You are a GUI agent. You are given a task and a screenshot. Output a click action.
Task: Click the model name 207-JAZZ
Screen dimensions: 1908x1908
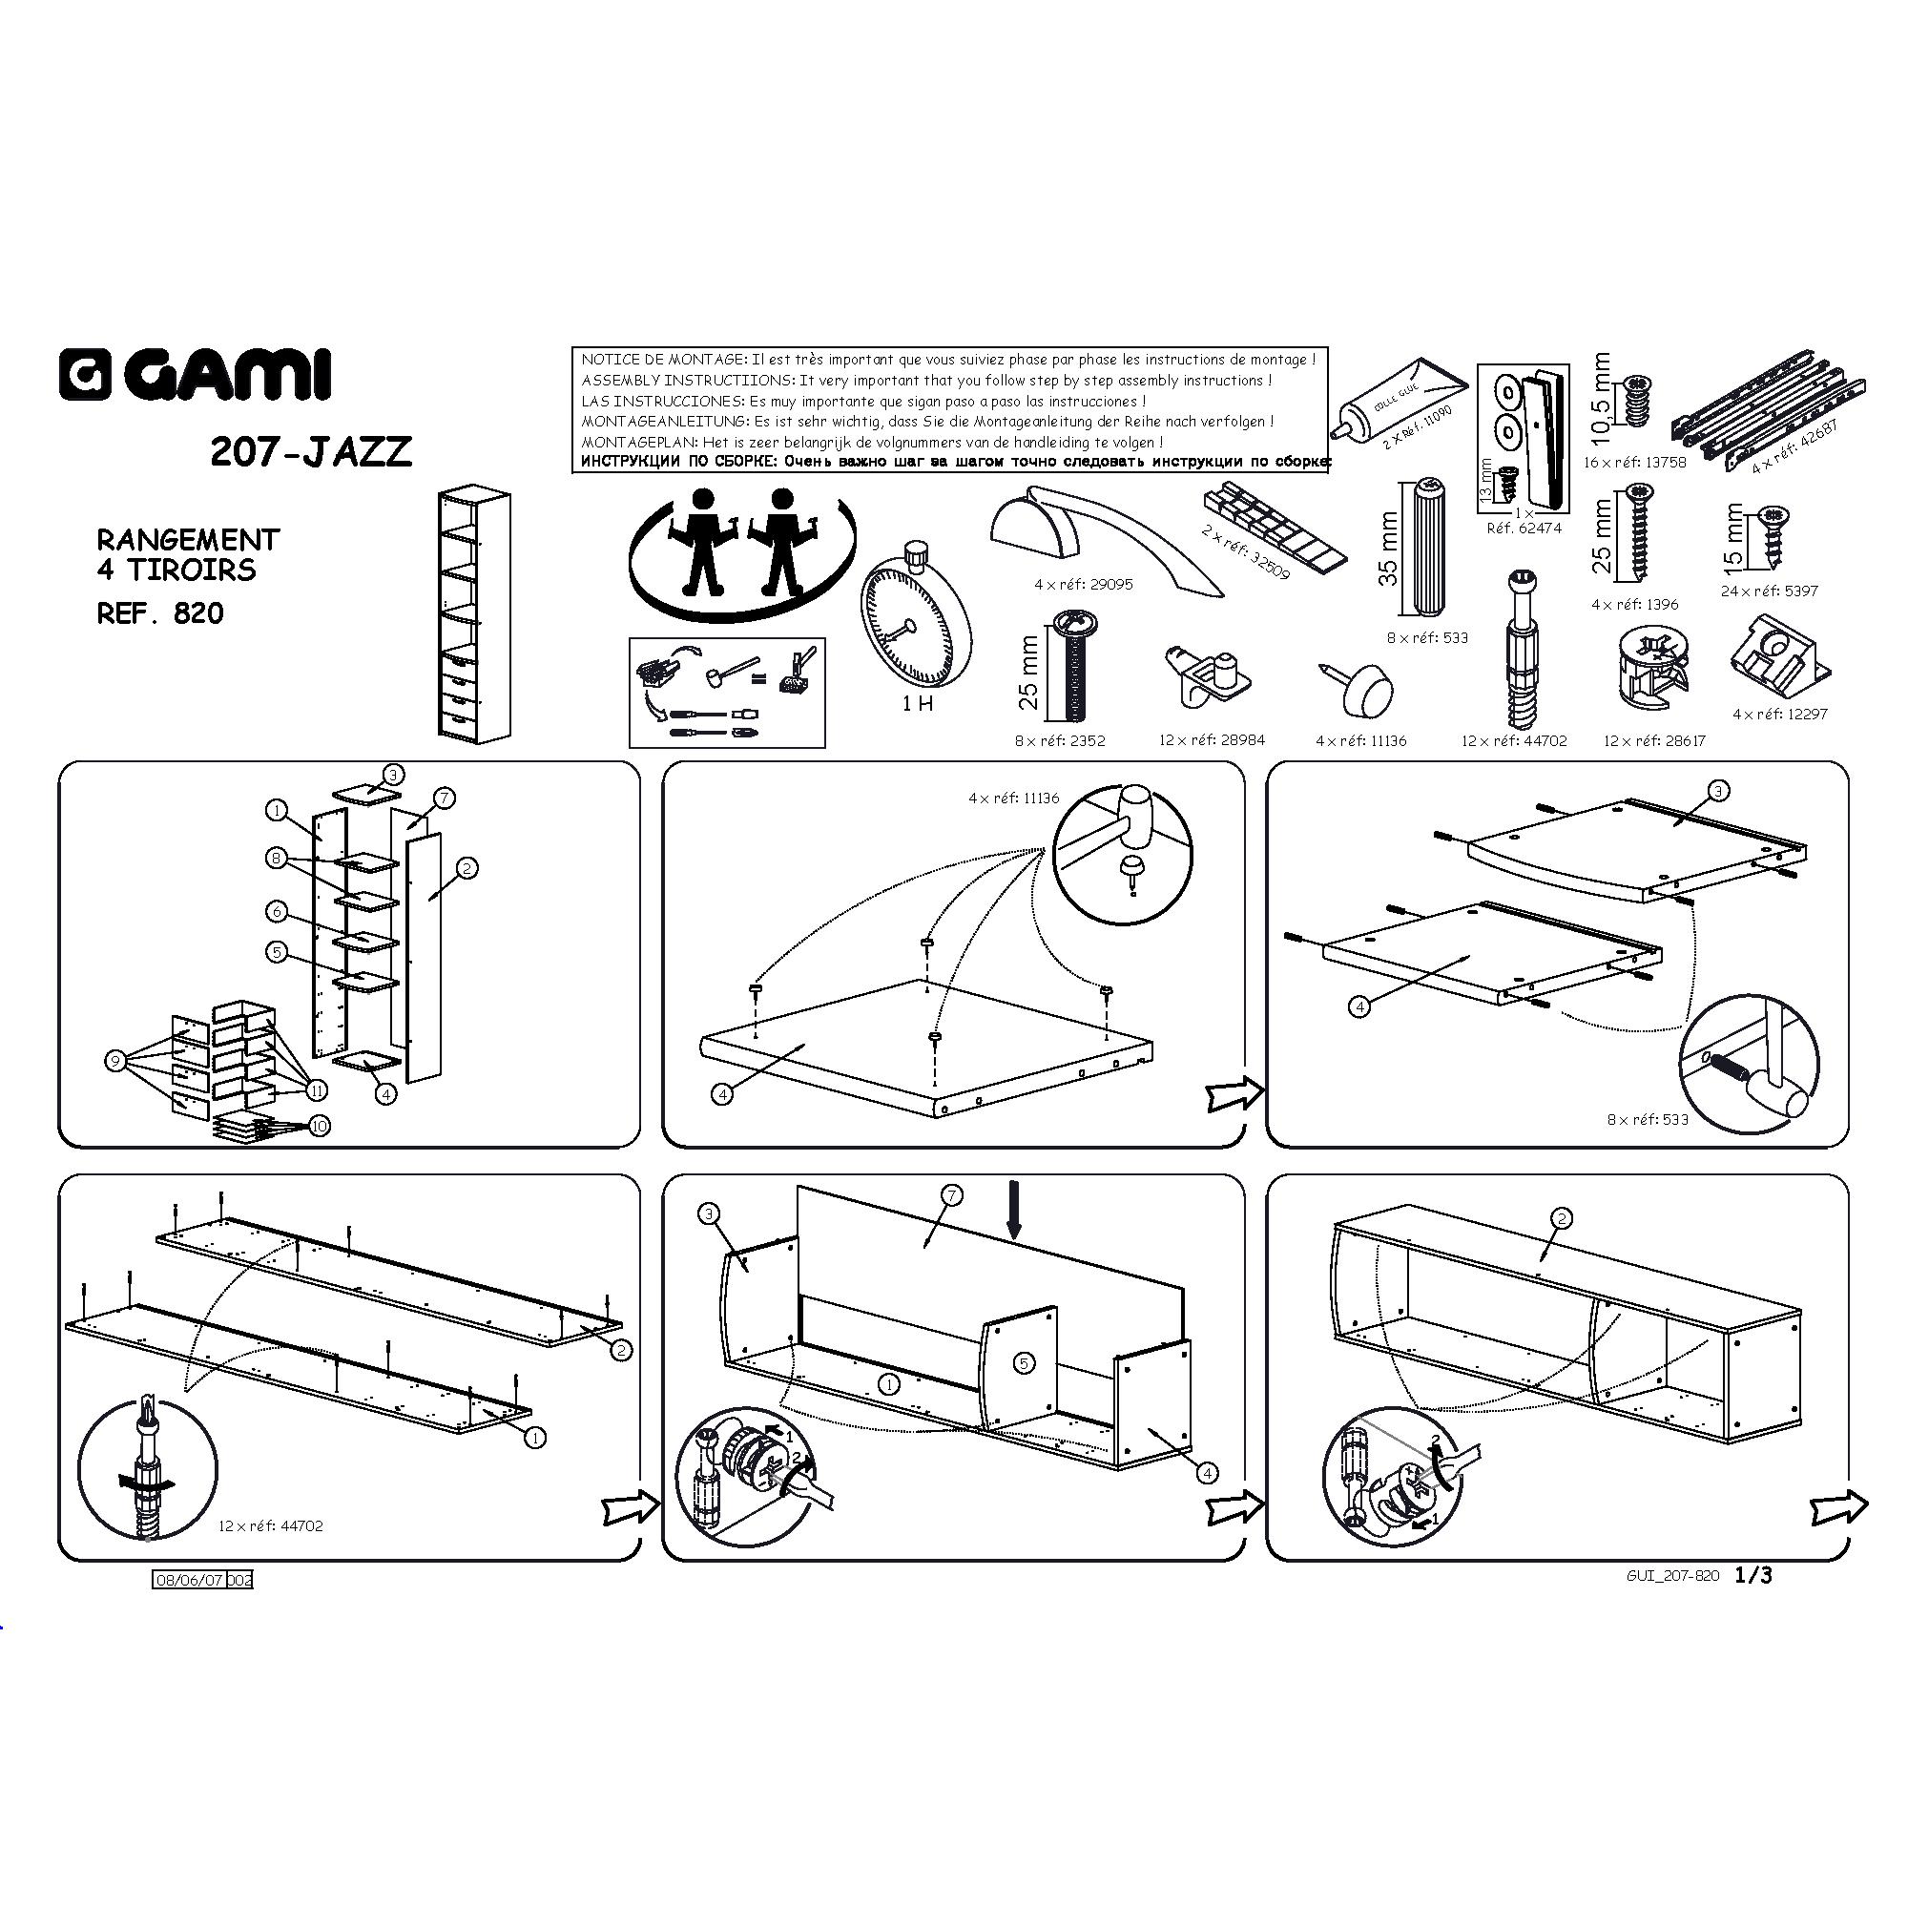coord(311,451)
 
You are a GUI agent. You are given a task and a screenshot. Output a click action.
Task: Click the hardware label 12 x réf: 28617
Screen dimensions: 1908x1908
coord(1654,740)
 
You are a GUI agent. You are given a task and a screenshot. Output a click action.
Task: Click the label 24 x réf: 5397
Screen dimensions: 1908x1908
coord(1769,591)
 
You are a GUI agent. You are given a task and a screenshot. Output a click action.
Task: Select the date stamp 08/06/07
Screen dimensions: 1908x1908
coord(191,1580)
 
